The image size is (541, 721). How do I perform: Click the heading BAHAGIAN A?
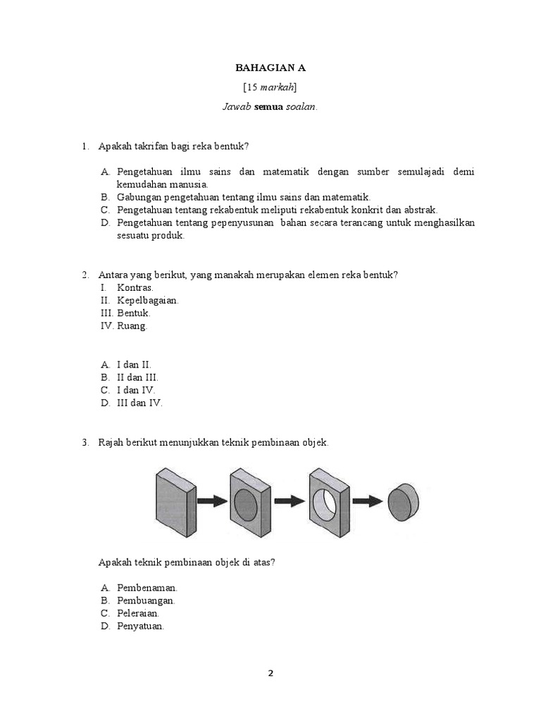coord(270,68)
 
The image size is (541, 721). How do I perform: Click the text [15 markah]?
coord(270,87)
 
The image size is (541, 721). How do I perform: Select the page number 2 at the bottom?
coord(270,672)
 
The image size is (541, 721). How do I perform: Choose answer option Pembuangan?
coord(146,601)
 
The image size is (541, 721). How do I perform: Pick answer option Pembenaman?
coord(147,587)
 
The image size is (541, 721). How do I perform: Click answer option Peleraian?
coord(138,613)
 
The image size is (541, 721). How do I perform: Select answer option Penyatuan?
coord(140,627)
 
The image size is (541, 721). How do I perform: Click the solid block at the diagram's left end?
coord(175,499)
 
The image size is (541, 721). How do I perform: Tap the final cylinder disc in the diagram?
coord(404,502)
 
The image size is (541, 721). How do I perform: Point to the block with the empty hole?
coord(328,501)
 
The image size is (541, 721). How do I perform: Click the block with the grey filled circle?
coord(250,501)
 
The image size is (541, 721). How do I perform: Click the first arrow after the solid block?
coord(212,501)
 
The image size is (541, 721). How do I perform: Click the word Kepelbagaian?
coord(148,300)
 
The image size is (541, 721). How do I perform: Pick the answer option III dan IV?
coord(139,403)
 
